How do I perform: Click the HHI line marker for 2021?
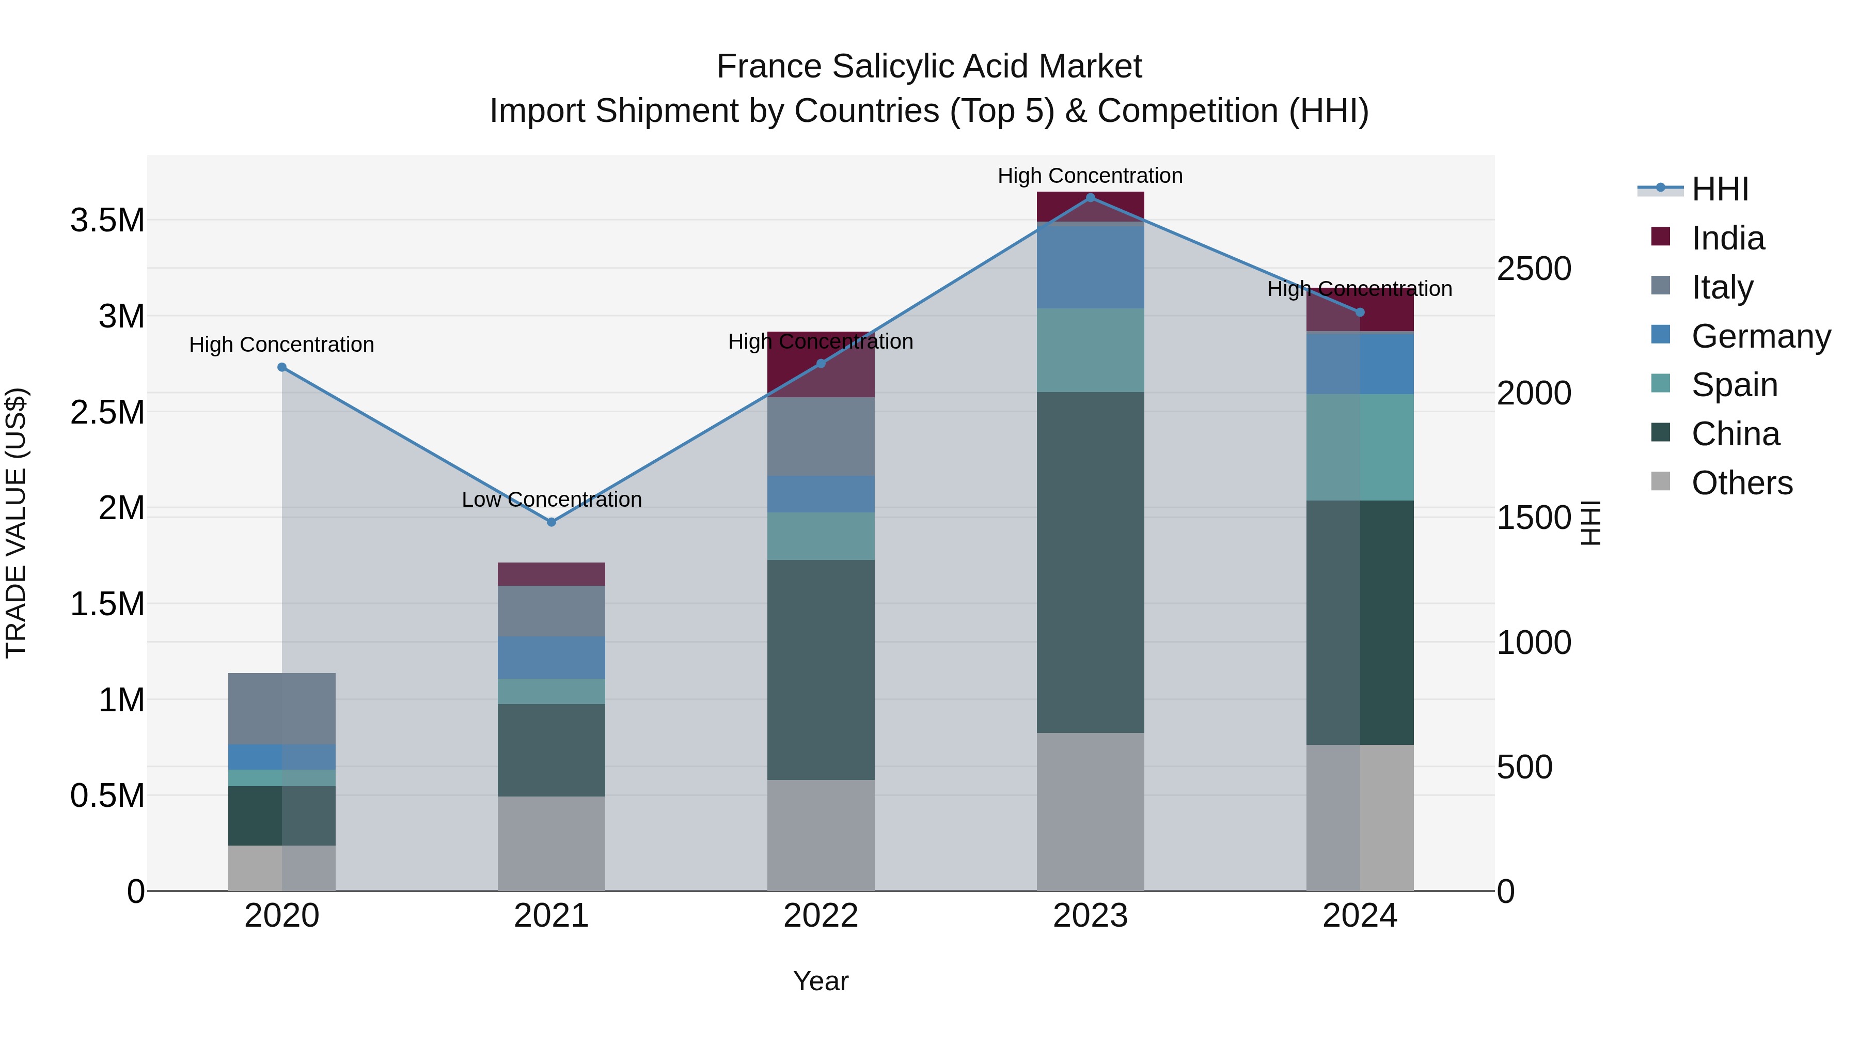click(x=552, y=522)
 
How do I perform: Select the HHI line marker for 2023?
click(x=1091, y=198)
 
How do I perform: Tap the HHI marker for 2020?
click(x=282, y=367)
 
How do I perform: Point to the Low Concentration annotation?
click(x=552, y=499)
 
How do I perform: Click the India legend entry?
click(x=1728, y=238)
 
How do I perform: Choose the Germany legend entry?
click(x=1760, y=336)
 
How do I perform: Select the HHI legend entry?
click(x=1720, y=189)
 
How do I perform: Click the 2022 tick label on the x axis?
click(x=821, y=916)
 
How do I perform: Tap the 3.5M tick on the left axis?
click(x=107, y=220)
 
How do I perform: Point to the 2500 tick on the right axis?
click(x=1534, y=269)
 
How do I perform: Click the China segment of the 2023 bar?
click(x=1091, y=563)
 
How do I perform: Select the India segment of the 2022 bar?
click(x=821, y=365)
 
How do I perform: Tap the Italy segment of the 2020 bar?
click(x=282, y=708)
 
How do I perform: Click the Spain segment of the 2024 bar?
click(x=1360, y=447)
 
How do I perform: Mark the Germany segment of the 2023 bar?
click(x=1091, y=267)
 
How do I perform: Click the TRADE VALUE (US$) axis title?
click(x=16, y=523)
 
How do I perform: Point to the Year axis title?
click(x=821, y=981)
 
